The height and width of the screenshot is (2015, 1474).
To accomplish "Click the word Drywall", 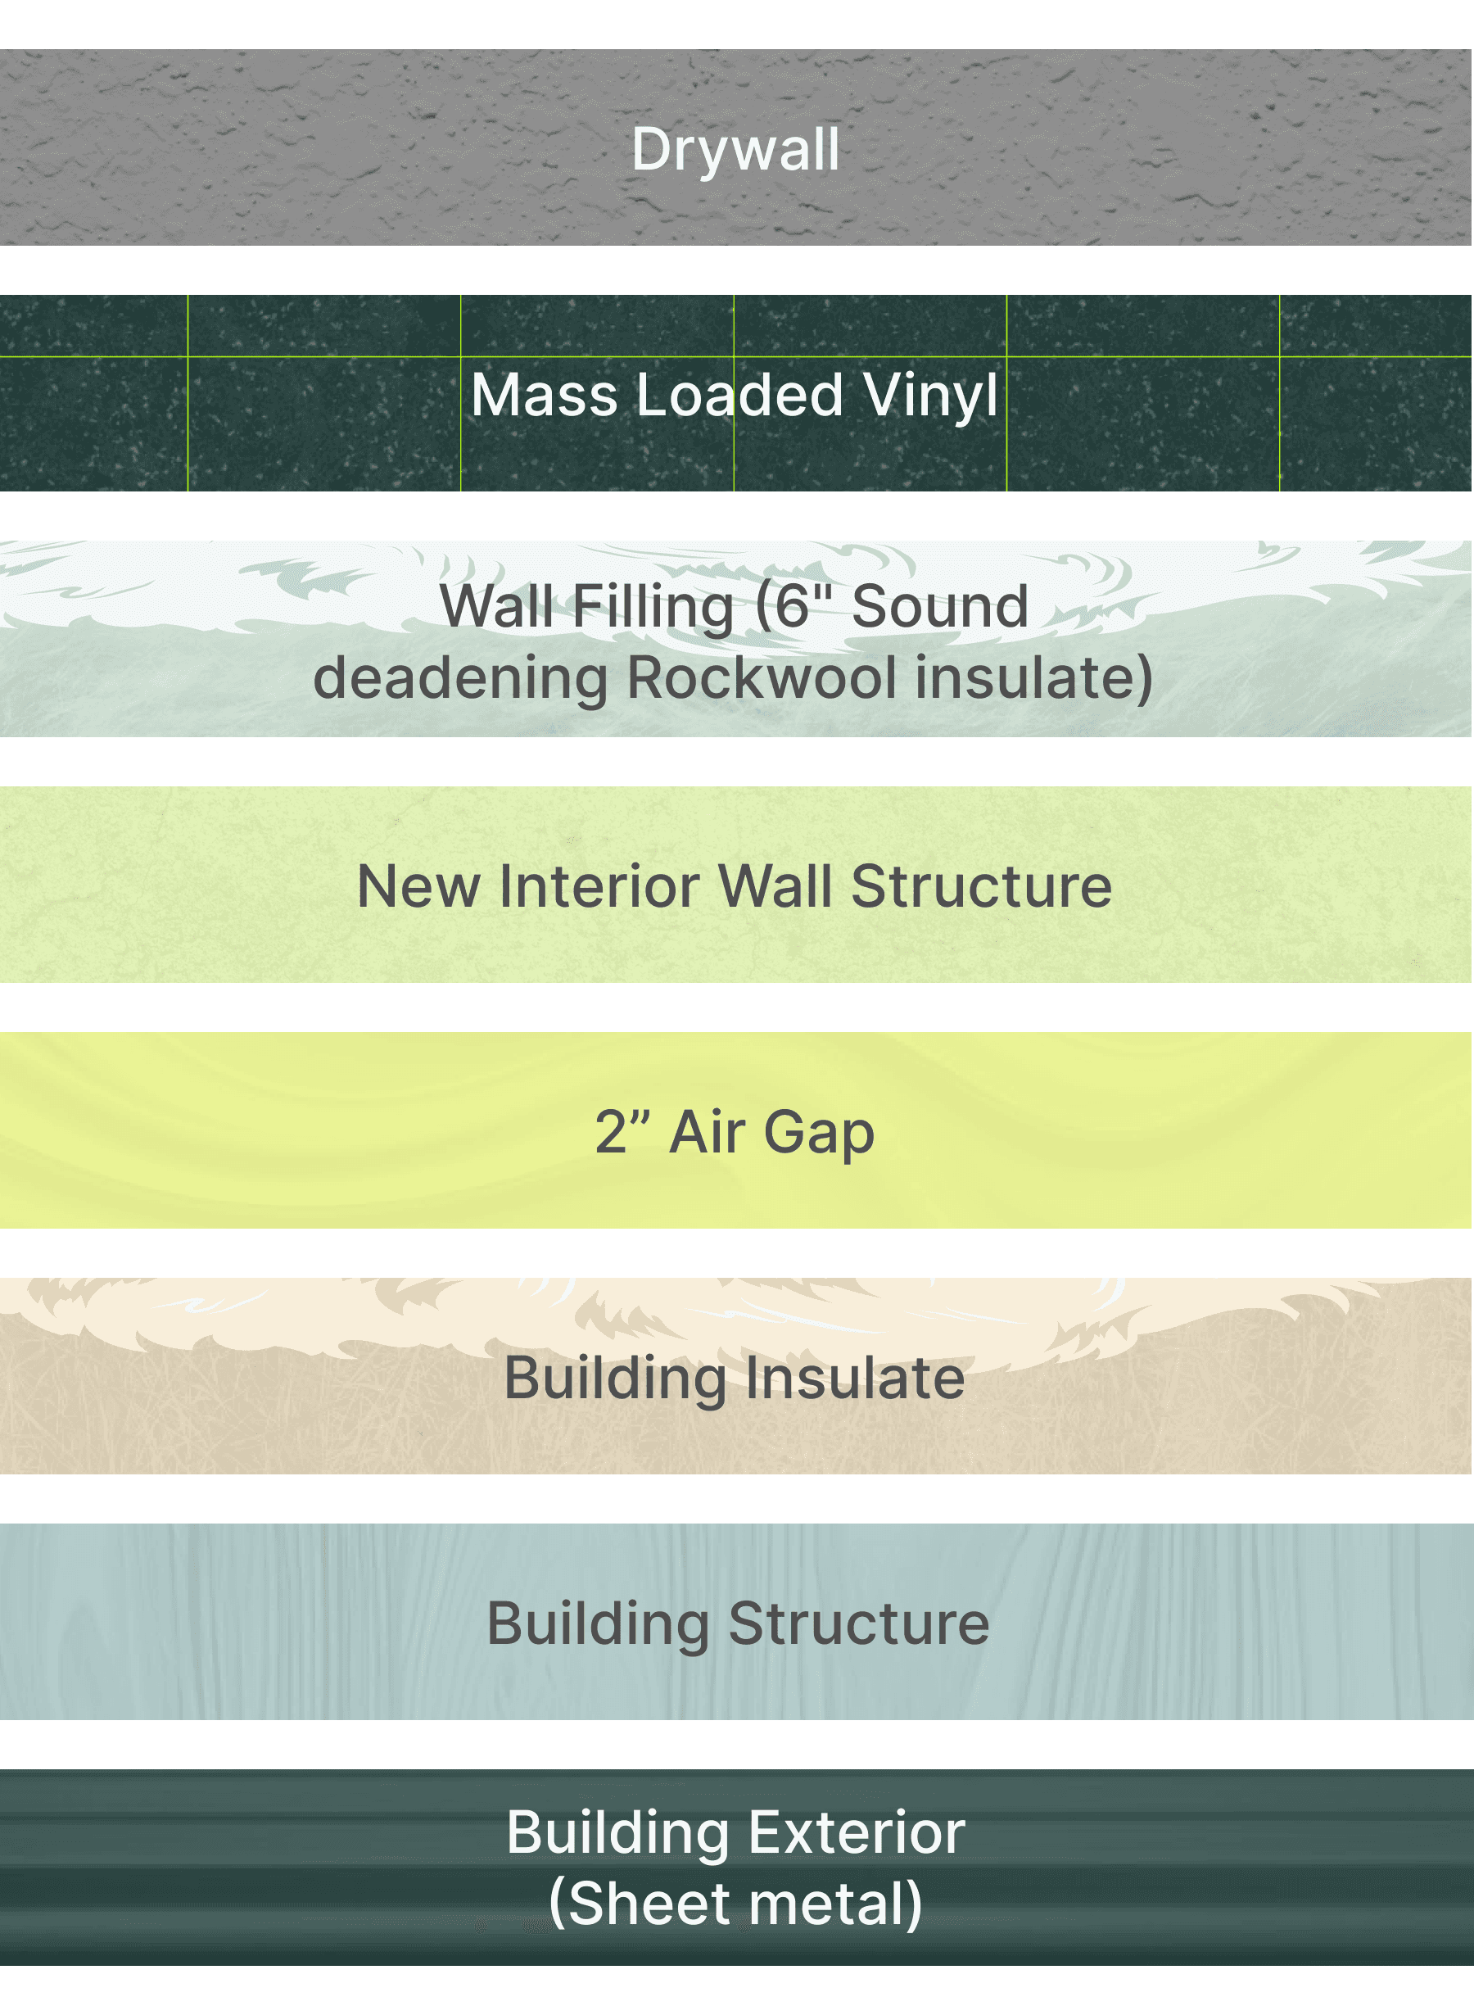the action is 735,149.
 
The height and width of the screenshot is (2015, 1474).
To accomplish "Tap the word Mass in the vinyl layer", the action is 544,395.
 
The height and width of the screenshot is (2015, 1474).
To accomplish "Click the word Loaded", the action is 739,395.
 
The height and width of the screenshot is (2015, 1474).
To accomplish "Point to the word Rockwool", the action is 762,677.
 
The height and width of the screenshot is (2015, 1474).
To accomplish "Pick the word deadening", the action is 460,677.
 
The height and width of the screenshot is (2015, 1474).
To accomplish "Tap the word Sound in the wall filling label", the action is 939,607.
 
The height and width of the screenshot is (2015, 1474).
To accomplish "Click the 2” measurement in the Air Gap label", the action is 622,1131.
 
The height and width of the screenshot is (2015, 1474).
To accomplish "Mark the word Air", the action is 707,1131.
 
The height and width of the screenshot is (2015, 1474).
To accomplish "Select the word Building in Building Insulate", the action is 616,1379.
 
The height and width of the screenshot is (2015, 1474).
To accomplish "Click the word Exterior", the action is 857,1832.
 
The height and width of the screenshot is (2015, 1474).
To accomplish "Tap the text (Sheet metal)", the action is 735,1904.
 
